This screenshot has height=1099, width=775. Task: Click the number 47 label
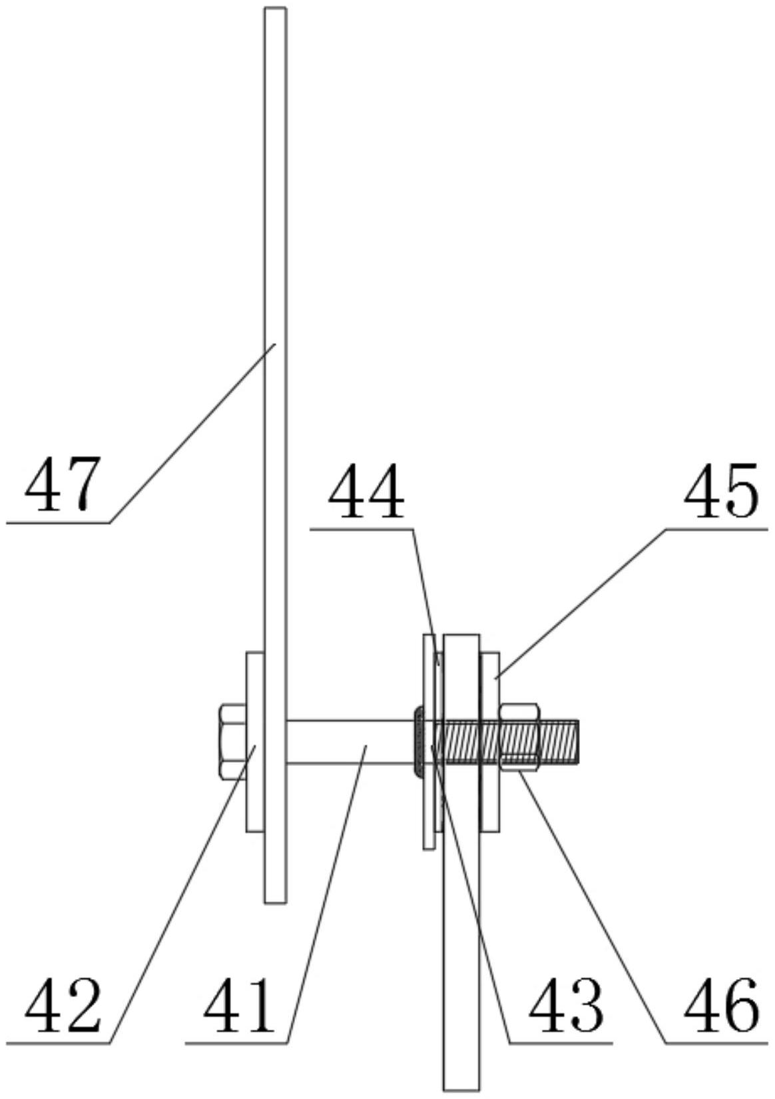62,484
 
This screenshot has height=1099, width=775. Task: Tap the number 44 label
366,494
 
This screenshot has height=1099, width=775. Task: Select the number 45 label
722,494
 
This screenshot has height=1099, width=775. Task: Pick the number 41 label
240,1005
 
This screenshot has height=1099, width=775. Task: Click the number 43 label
566,1005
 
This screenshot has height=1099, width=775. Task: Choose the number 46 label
722,1005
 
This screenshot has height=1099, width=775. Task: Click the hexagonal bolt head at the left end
232,741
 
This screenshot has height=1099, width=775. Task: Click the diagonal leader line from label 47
193,433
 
